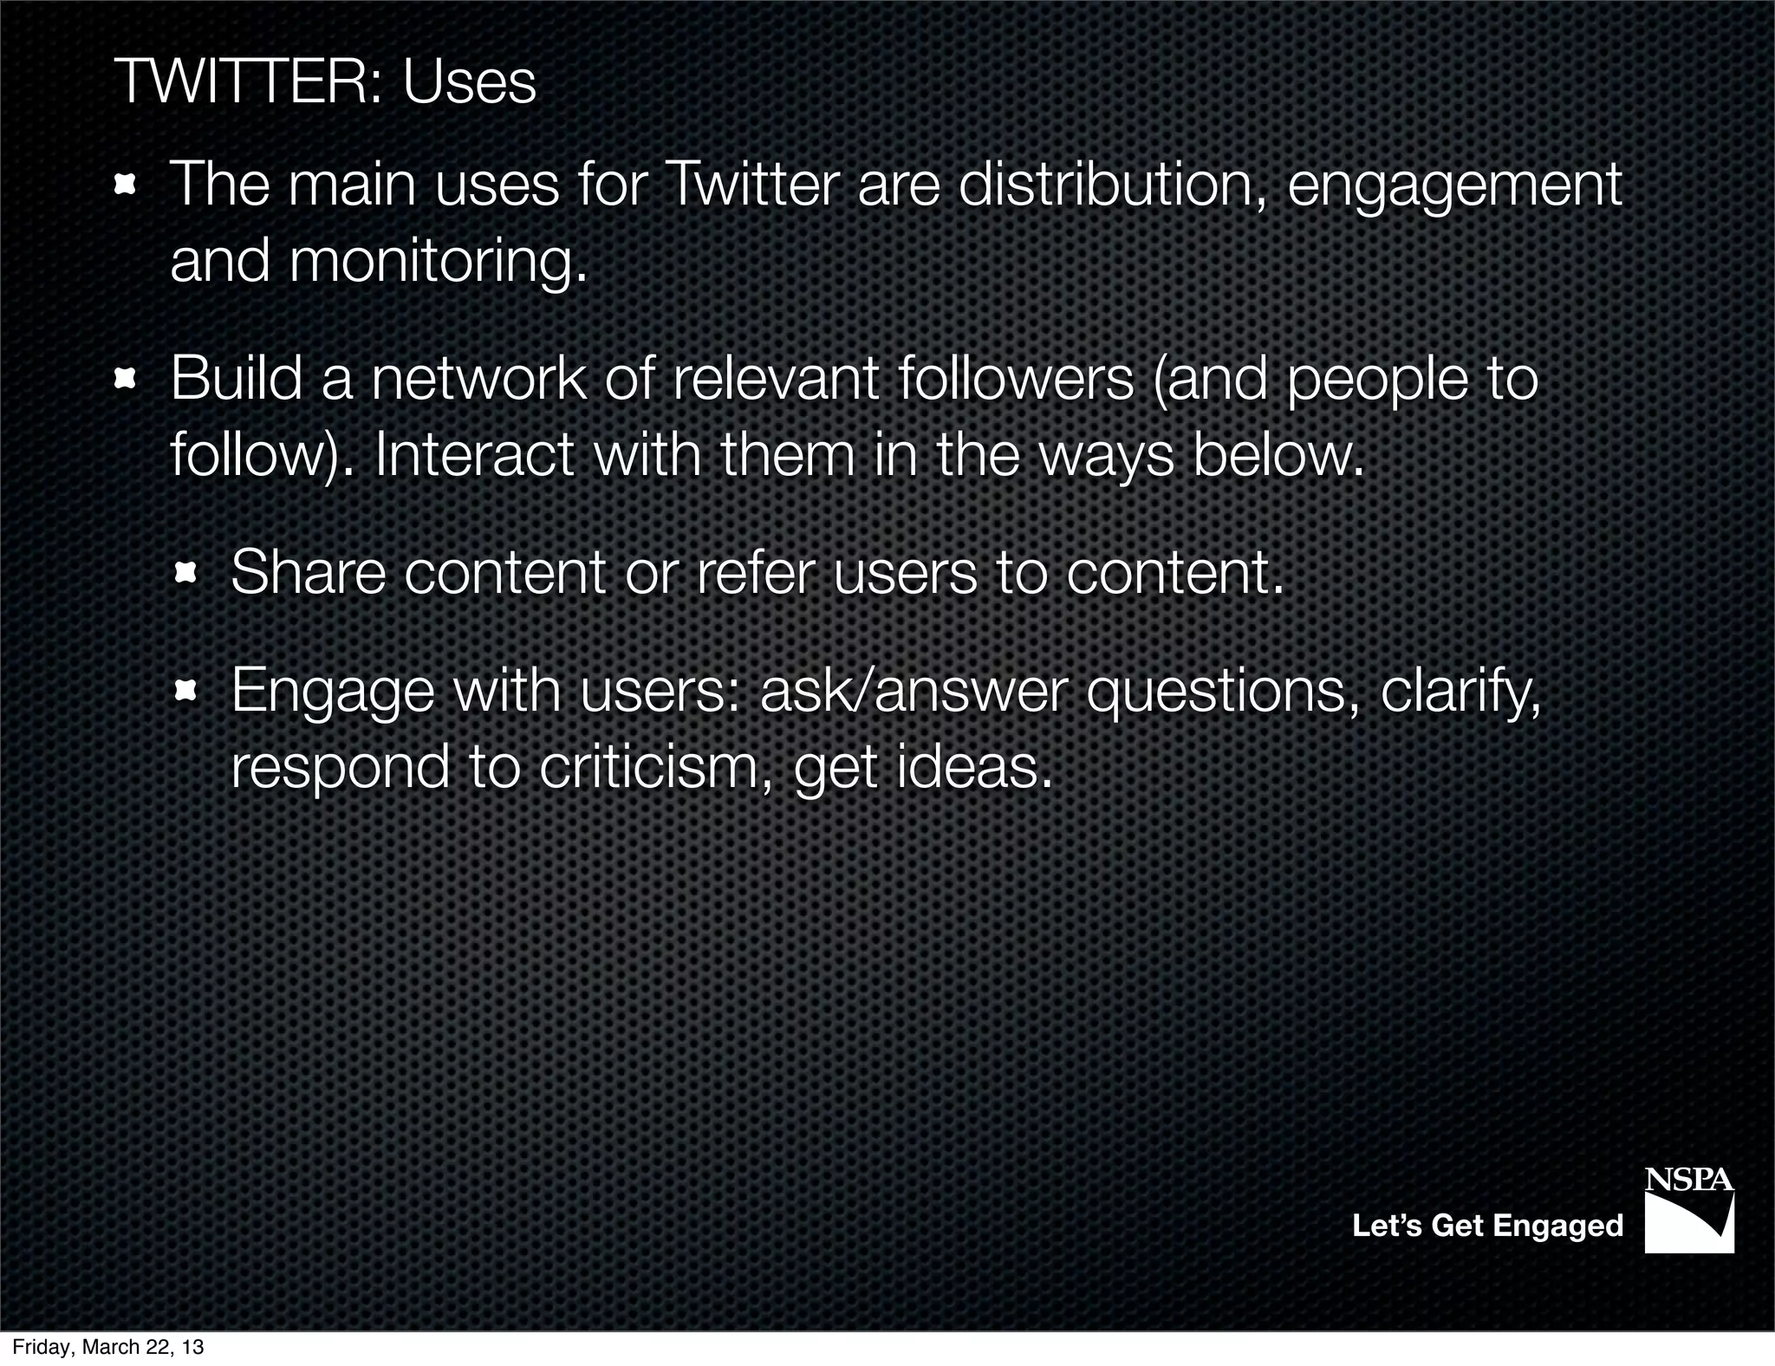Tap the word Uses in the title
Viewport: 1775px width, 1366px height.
coord(469,83)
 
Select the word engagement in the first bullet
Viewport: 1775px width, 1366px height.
coord(1453,186)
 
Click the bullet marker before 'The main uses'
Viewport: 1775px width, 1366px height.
coord(127,185)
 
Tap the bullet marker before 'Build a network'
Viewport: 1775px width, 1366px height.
coord(127,378)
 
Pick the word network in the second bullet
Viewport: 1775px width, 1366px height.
coord(478,379)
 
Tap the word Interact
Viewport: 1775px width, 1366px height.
coord(474,455)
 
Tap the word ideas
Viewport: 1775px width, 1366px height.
coord(974,767)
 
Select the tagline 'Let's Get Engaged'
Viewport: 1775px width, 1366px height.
coord(1487,1226)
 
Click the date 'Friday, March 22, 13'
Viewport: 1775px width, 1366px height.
coord(108,1347)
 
